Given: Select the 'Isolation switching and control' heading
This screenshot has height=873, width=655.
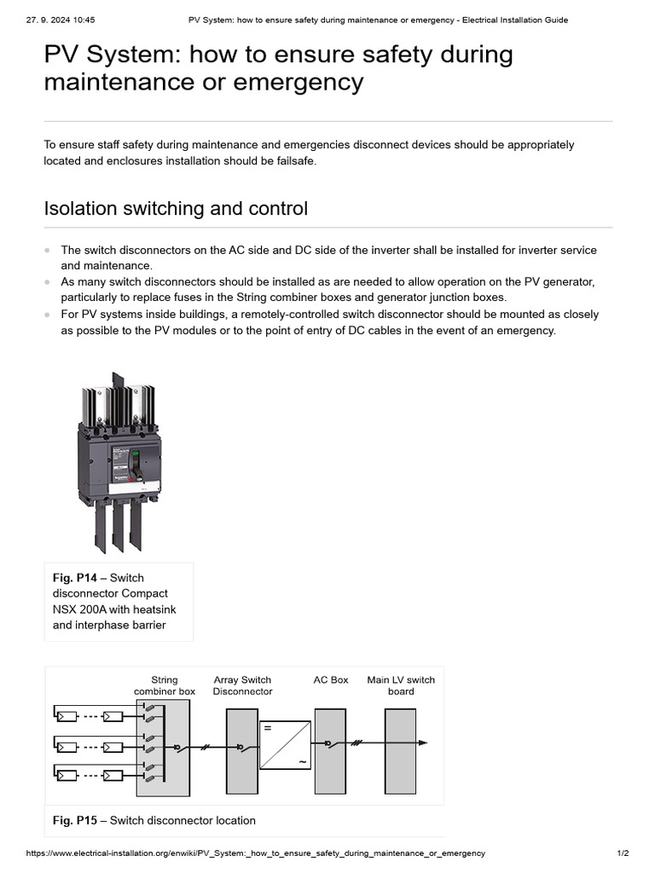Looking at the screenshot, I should (x=176, y=208).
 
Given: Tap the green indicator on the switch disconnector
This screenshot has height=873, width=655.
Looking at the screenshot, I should (x=134, y=454).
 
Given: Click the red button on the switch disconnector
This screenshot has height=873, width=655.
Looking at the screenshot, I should (x=130, y=479).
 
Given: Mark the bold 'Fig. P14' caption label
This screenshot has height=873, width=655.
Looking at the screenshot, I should (x=74, y=578).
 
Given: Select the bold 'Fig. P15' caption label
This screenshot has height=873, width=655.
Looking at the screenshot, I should (x=75, y=820).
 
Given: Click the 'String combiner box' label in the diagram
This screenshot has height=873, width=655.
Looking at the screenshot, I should (x=164, y=685).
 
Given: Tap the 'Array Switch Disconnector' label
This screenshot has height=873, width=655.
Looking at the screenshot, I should (x=242, y=685).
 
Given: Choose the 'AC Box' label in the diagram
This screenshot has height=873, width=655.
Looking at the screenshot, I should (x=331, y=680).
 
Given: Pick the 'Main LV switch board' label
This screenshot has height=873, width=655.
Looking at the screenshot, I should (x=401, y=685).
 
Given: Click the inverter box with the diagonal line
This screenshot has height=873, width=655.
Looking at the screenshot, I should (x=285, y=744).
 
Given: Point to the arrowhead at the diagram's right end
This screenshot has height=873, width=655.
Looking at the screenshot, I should (x=422, y=743).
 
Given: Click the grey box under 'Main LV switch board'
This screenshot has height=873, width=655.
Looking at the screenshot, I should (x=400, y=750).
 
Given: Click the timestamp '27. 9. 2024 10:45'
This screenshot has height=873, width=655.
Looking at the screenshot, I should (x=61, y=20).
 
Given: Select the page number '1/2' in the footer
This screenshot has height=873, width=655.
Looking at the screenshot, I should (x=623, y=853).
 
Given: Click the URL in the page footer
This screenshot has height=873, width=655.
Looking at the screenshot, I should (x=256, y=853).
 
